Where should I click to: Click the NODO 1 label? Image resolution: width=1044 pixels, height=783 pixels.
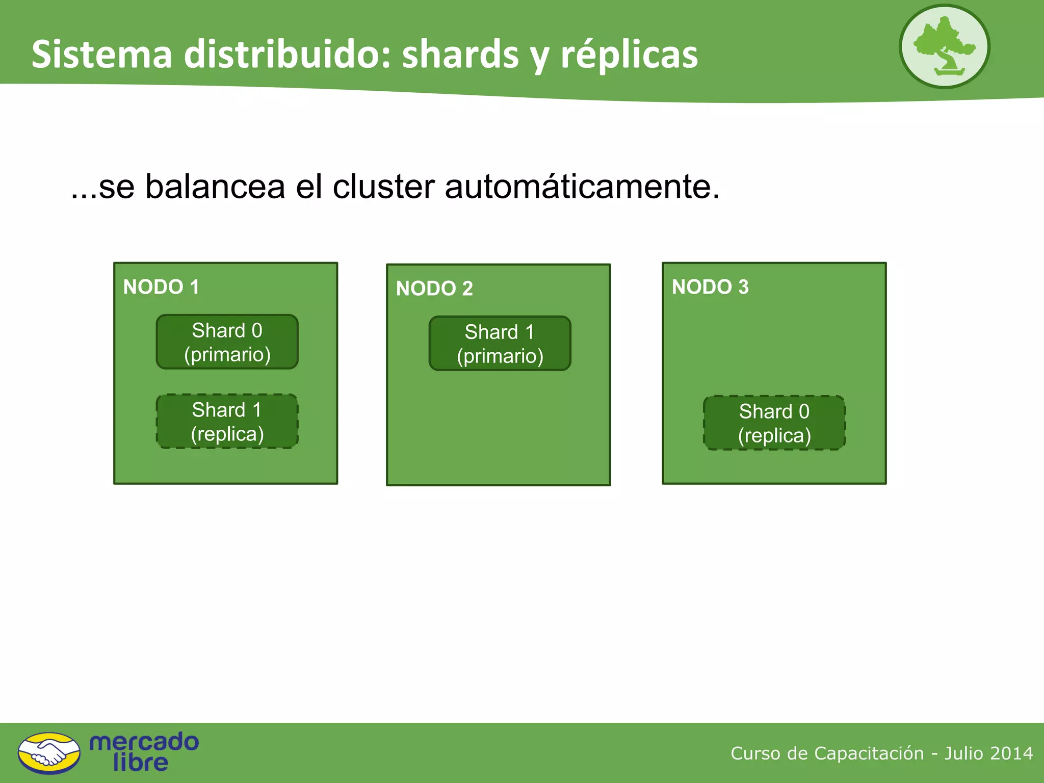point(161,287)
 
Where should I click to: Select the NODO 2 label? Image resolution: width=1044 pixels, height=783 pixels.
point(434,289)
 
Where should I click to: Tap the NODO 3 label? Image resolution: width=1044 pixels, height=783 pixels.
point(710,287)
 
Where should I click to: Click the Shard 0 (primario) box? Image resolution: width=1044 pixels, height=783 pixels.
point(227,342)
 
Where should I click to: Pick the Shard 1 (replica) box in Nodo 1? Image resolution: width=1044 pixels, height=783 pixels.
point(227,422)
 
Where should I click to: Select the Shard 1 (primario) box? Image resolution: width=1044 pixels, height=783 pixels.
point(500,344)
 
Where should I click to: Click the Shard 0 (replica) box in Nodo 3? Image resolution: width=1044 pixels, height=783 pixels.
point(774,423)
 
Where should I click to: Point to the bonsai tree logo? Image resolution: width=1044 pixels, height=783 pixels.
point(944,47)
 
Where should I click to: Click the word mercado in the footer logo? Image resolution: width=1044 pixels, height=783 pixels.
point(144,742)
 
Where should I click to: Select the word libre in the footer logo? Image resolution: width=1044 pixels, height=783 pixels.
point(140,763)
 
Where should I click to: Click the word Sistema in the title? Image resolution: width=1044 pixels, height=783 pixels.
point(102,55)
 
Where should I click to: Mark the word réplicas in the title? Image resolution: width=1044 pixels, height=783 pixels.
point(629,55)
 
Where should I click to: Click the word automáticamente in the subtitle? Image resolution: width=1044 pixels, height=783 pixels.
point(582,187)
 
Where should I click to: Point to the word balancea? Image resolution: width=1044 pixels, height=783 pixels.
point(215,187)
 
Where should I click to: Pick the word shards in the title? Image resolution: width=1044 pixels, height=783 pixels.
point(460,55)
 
